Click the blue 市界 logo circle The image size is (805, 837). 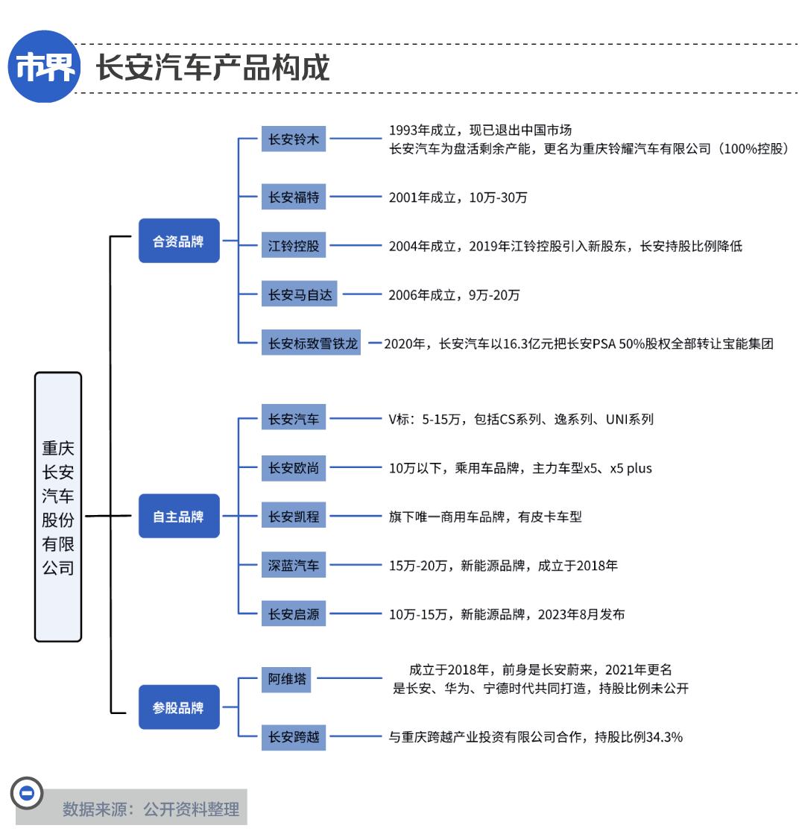tap(44, 67)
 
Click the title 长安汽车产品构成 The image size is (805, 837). tap(213, 68)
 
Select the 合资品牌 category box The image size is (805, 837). tap(179, 241)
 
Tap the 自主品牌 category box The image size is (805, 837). tap(179, 517)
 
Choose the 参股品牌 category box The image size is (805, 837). tap(179, 707)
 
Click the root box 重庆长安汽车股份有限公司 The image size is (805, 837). tap(58, 507)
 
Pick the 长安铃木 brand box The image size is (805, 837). tap(294, 139)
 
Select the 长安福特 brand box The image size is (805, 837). tap(294, 197)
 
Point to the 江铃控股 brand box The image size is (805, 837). tap(294, 245)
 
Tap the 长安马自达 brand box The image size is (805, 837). tap(300, 294)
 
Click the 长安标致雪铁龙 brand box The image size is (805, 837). tap(312, 343)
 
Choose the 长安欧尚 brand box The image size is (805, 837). tap(294, 468)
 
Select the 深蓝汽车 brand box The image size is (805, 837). tap(294, 565)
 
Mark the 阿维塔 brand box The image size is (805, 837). tap(286, 679)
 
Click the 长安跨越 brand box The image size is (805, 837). tap(294, 737)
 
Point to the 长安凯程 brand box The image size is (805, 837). tap(294, 517)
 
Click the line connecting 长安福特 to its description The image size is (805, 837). tap(356, 197)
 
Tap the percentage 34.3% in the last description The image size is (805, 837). tap(664, 737)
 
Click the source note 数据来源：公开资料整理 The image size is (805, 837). tap(151, 809)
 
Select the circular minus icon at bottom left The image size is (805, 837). tap(27, 793)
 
